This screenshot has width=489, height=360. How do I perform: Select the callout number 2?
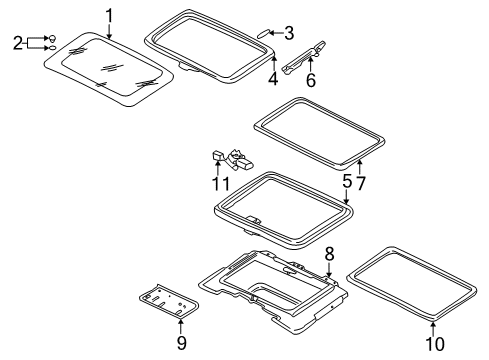(x=18, y=43)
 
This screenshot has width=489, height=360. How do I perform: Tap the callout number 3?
(x=289, y=33)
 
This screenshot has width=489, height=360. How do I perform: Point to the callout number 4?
(x=273, y=79)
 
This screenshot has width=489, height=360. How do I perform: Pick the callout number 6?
(x=311, y=80)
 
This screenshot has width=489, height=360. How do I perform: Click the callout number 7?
(x=361, y=183)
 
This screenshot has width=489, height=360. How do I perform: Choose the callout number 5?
(x=347, y=182)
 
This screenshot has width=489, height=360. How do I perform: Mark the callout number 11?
(x=221, y=184)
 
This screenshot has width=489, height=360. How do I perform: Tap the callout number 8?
(x=329, y=254)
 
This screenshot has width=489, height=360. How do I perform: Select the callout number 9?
(x=182, y=343)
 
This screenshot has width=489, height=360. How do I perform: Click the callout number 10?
(x=435, y=344)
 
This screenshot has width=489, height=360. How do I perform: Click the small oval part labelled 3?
(x=263, y=34)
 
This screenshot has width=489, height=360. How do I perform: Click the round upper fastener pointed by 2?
(x=52, y=38)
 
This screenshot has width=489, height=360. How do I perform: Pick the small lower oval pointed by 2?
(x=52, y=48)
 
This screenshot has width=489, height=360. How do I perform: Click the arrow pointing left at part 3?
(x=276, y=33)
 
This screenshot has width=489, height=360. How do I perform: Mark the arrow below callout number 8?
(x=329, y=270)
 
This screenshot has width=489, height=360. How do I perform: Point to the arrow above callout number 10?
(x=433, y=329)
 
